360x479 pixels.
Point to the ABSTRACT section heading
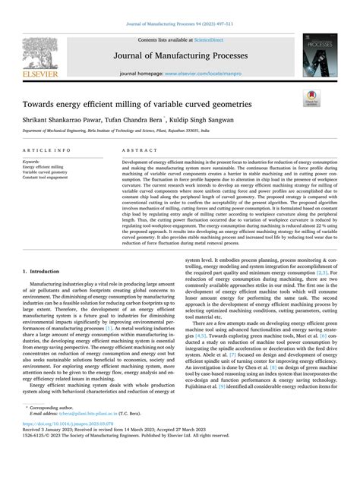(138, 151)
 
